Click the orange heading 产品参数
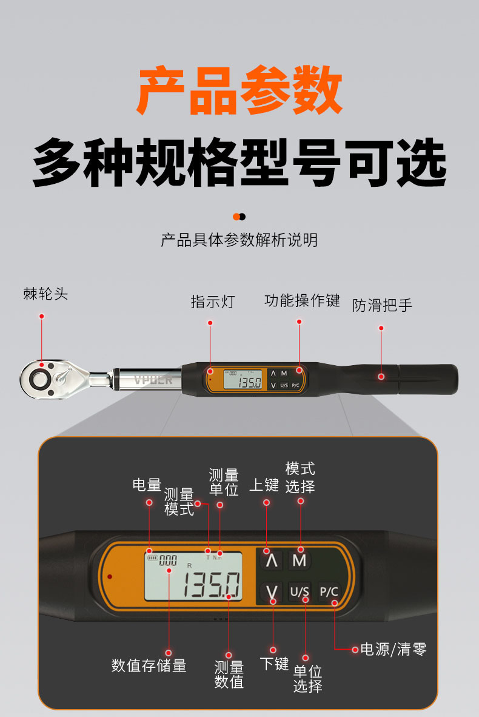[239, 90]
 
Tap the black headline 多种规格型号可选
[239, 163]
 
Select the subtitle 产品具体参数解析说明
[239, 240]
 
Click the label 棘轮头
[45, 294]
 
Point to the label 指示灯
[213, 301]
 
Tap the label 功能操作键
[302, 300]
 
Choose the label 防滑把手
[382, 305]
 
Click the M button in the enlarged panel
[300, 560]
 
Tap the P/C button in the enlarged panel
[329, 591]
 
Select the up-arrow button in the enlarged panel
[272, 560]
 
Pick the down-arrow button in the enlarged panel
[272, 592]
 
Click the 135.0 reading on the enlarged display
[212, 584]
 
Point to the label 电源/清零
[394, 649]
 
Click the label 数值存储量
[149, 665]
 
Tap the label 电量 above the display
[147, 485]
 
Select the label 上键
[264, 485]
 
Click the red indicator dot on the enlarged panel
[110, 577]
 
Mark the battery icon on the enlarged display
[152, 558]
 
